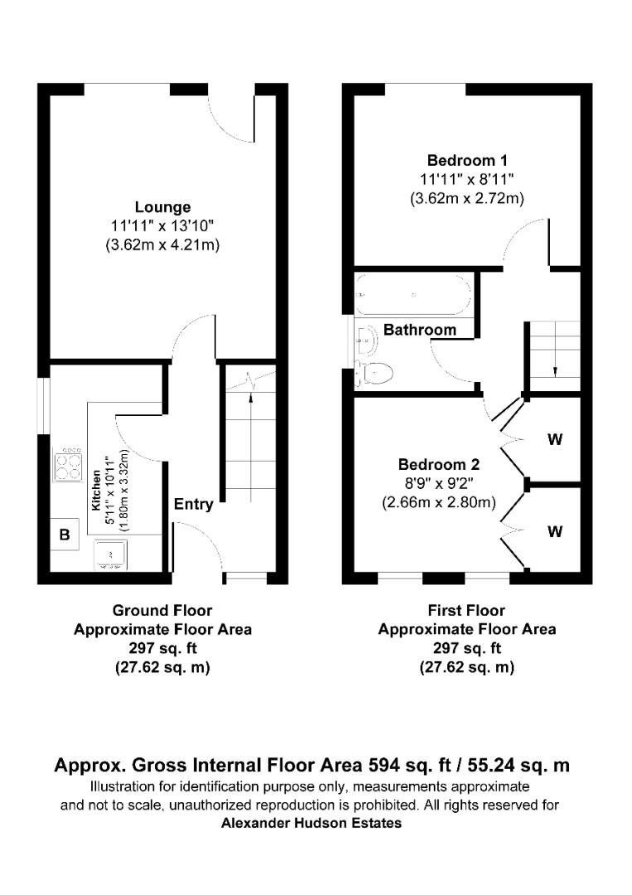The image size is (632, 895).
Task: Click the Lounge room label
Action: tap(163, 207)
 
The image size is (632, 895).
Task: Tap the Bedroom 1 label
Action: tap(467, 161)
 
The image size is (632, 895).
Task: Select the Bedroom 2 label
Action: tap(438, 464)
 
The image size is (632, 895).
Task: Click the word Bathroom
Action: tap(419, 330)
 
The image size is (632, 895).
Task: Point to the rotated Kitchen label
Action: tap(96, 492)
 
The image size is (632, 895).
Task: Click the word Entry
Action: tap(193, 504)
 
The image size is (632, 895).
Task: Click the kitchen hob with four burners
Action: tap(68, 465)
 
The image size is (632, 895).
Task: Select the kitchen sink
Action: tap(109, 554)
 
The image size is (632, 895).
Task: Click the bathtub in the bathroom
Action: tap(413, 295)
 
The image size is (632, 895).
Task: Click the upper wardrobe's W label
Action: tap(554, 440)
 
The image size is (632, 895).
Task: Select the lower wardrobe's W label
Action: tap(554, 532)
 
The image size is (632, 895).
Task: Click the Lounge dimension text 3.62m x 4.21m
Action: tap(162, 245)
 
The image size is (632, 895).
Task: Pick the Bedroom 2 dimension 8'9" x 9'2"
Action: tap(438, 483)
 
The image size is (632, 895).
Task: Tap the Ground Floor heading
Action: tap(162, 611)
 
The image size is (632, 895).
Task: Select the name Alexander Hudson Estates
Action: tap(311, 823)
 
